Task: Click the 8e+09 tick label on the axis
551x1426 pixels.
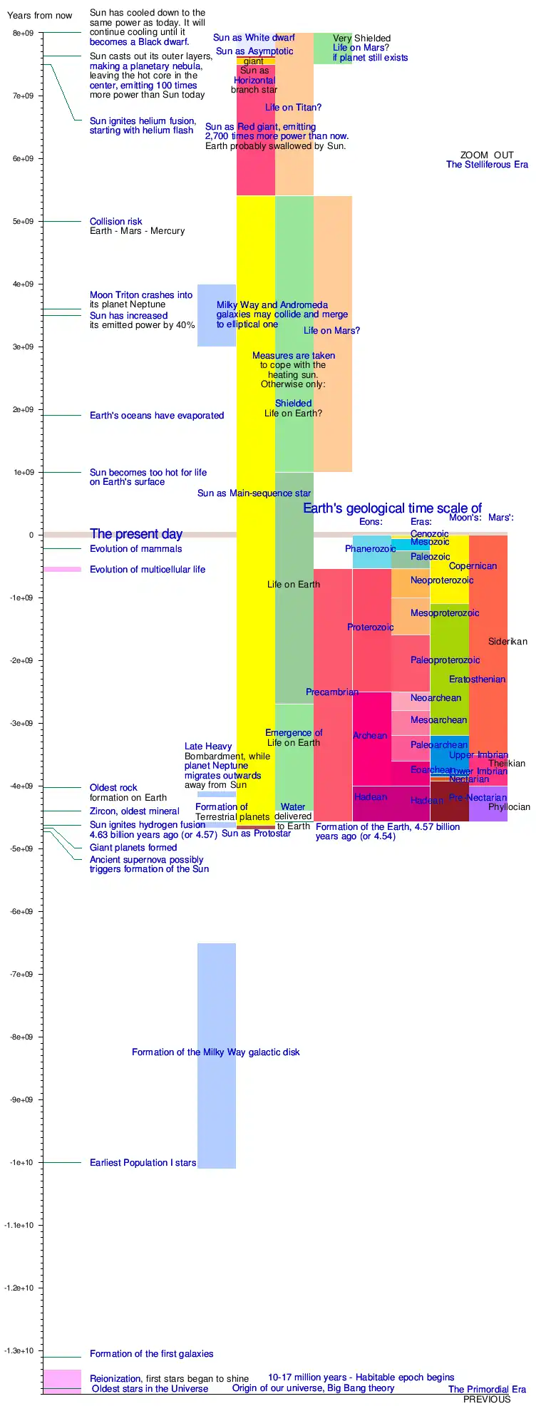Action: coord(23,34)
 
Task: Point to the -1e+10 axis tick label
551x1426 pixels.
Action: coord(21,1163)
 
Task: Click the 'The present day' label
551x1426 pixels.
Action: coord(136,534)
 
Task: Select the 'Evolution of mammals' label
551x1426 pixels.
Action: coord(135,549)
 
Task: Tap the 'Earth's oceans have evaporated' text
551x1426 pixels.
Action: coord(157,416)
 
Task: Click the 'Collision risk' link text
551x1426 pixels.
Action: coord(116,222)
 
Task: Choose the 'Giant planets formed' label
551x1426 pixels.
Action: coord(133,848)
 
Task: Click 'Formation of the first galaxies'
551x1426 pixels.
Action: coord(151,1354)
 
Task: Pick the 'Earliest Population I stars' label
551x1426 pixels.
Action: coord(143,1163)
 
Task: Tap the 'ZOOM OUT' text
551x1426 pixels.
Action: coord(487,155)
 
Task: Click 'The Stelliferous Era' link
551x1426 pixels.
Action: coord(487,165)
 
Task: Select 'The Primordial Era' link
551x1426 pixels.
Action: coord(487,1389)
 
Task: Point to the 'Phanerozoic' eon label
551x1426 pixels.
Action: coord(370,549)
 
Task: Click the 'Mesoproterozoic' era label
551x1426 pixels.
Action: coord(445,613)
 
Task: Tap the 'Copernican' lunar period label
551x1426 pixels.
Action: coord(473,566)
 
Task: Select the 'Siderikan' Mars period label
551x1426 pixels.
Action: coord(508,642)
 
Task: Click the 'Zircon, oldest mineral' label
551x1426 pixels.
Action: coord(135,811)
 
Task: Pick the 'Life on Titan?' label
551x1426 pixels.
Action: coord(293,108)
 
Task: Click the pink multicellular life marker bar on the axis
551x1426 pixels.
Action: coord(61,569)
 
